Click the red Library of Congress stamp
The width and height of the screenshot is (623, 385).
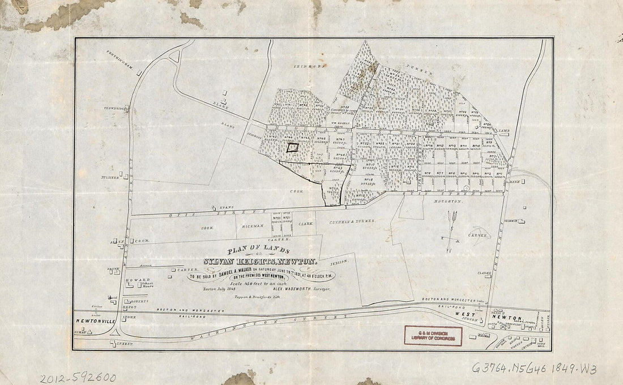coord(433,336)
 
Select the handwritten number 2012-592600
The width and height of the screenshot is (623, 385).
coord(78,378)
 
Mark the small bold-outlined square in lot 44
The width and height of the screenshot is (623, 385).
coord(292,147)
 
